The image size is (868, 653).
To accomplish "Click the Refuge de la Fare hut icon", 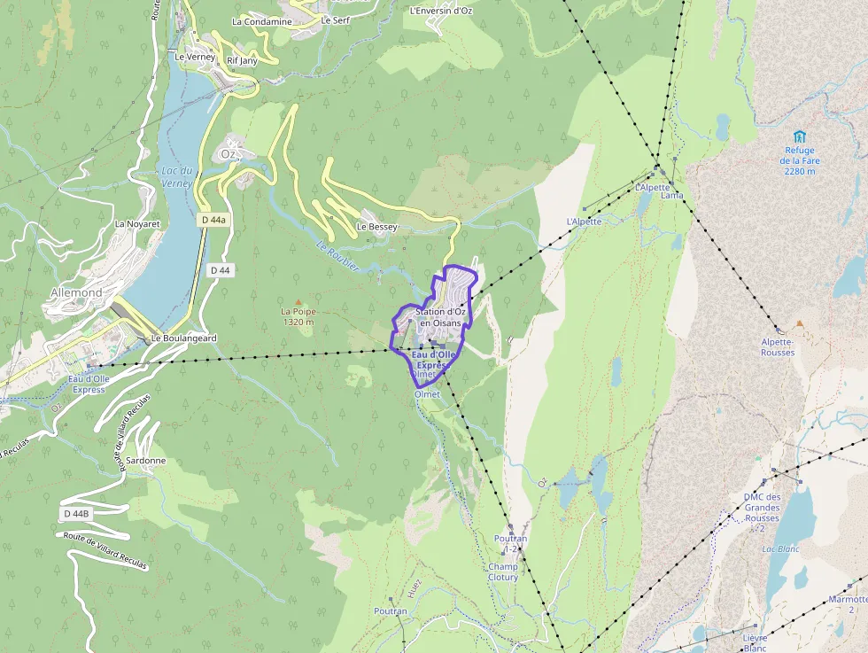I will [x=800, y=136].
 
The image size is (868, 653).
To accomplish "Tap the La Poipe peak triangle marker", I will [x=298, y=302].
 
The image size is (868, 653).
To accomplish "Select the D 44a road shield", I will [x=213, y=219].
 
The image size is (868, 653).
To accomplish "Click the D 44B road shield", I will [x=77, y=514].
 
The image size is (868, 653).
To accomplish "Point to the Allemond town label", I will [x=76, y=292].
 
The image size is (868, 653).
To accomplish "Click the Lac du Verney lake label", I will [x=176, y=176].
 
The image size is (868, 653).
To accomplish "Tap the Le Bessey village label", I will [x=377, y=227].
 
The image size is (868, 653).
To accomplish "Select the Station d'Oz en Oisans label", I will [x=440, y=317].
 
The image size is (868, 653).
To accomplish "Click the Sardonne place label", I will [x=146, y=461].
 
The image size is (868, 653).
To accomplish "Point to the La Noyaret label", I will [x=137, y=224].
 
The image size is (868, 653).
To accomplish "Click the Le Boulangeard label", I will [x=184, y=338].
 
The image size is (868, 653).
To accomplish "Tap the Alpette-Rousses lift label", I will [x=778, y=346].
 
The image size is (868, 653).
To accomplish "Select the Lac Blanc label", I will [x=781, y=549].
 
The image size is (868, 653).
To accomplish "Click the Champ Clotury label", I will [x=503, y=571].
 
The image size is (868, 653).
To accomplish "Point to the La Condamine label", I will [x=261, y=21].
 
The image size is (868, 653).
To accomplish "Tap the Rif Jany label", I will [x=242, y=60].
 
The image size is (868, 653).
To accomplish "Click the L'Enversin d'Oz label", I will [x=441, y=12].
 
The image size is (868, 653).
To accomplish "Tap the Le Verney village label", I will [x=195, y=57].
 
